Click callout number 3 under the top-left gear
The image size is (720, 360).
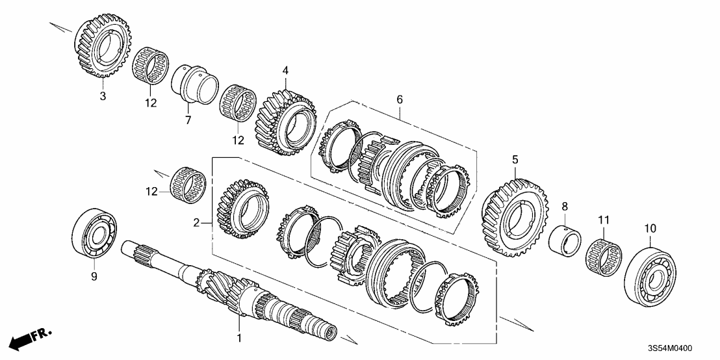(101, 97)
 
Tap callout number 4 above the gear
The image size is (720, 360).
(285, 70)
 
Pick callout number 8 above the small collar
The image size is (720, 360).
(565, 206)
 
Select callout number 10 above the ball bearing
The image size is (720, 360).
(650, 229)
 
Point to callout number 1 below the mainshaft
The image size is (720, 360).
(238, 337)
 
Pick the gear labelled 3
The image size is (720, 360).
(102, 49)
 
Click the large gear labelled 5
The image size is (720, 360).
(515, 214)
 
